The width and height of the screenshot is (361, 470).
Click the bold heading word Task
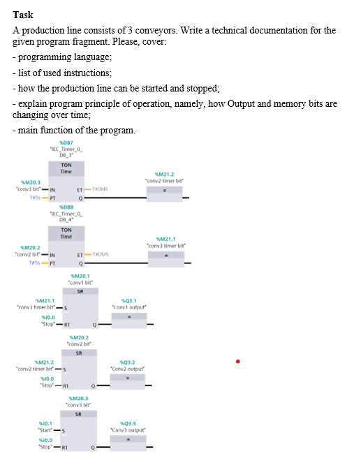[23, 15]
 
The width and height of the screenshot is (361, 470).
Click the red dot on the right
[238, 362]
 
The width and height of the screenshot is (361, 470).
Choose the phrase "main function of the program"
[75, 131]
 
